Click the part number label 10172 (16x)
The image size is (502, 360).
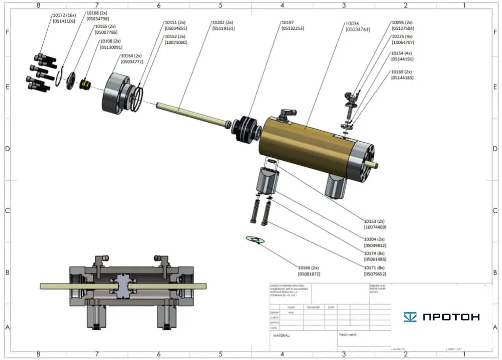click(x=64, y=15)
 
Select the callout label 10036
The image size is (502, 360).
click(x=352, y=24)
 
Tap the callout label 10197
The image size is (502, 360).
click(x=287, y=23)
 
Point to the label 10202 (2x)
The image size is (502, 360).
click(x=223, y=23)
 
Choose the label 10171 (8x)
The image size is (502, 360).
click(x=374, y=268)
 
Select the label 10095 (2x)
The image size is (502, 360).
click(x=402, y=23)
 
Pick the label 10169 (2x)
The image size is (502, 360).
click(x=402, y=72)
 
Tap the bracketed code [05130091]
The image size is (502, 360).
click(x=111, y=47)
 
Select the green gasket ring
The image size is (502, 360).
click(x=255, y=239)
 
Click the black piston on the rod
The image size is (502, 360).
click(x=247, y=129)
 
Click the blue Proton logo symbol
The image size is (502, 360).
click(x=411, y=317)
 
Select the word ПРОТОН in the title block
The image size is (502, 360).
click(x=451, y=317)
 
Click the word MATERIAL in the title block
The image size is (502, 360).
click(x=281, y=335)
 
